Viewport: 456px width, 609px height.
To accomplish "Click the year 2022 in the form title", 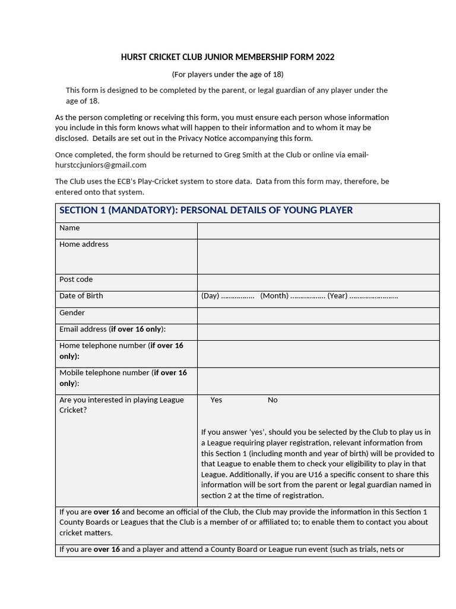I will point(325,57).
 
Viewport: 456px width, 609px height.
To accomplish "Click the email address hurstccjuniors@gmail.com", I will point(100,165).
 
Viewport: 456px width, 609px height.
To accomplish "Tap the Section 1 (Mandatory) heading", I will point(206,210).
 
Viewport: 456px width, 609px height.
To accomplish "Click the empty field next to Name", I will point(318,231).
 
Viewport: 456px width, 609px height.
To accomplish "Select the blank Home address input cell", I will point(318,256).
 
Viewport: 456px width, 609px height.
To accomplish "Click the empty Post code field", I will point(318,282).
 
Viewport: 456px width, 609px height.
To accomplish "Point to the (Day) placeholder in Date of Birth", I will point(210,296).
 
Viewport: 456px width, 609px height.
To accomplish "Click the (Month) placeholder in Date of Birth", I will point(274,296).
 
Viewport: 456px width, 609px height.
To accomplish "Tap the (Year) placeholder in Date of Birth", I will point(337,296).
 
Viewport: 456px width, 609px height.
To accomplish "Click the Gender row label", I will point(72,313).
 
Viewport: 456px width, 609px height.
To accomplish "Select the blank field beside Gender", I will point(318,315).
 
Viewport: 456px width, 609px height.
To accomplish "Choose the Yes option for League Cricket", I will point(216,400).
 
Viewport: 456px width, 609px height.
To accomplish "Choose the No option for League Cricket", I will point(273,400).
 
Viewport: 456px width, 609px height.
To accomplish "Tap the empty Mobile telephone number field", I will point(318,381).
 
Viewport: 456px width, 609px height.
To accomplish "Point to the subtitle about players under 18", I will point(227,74).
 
